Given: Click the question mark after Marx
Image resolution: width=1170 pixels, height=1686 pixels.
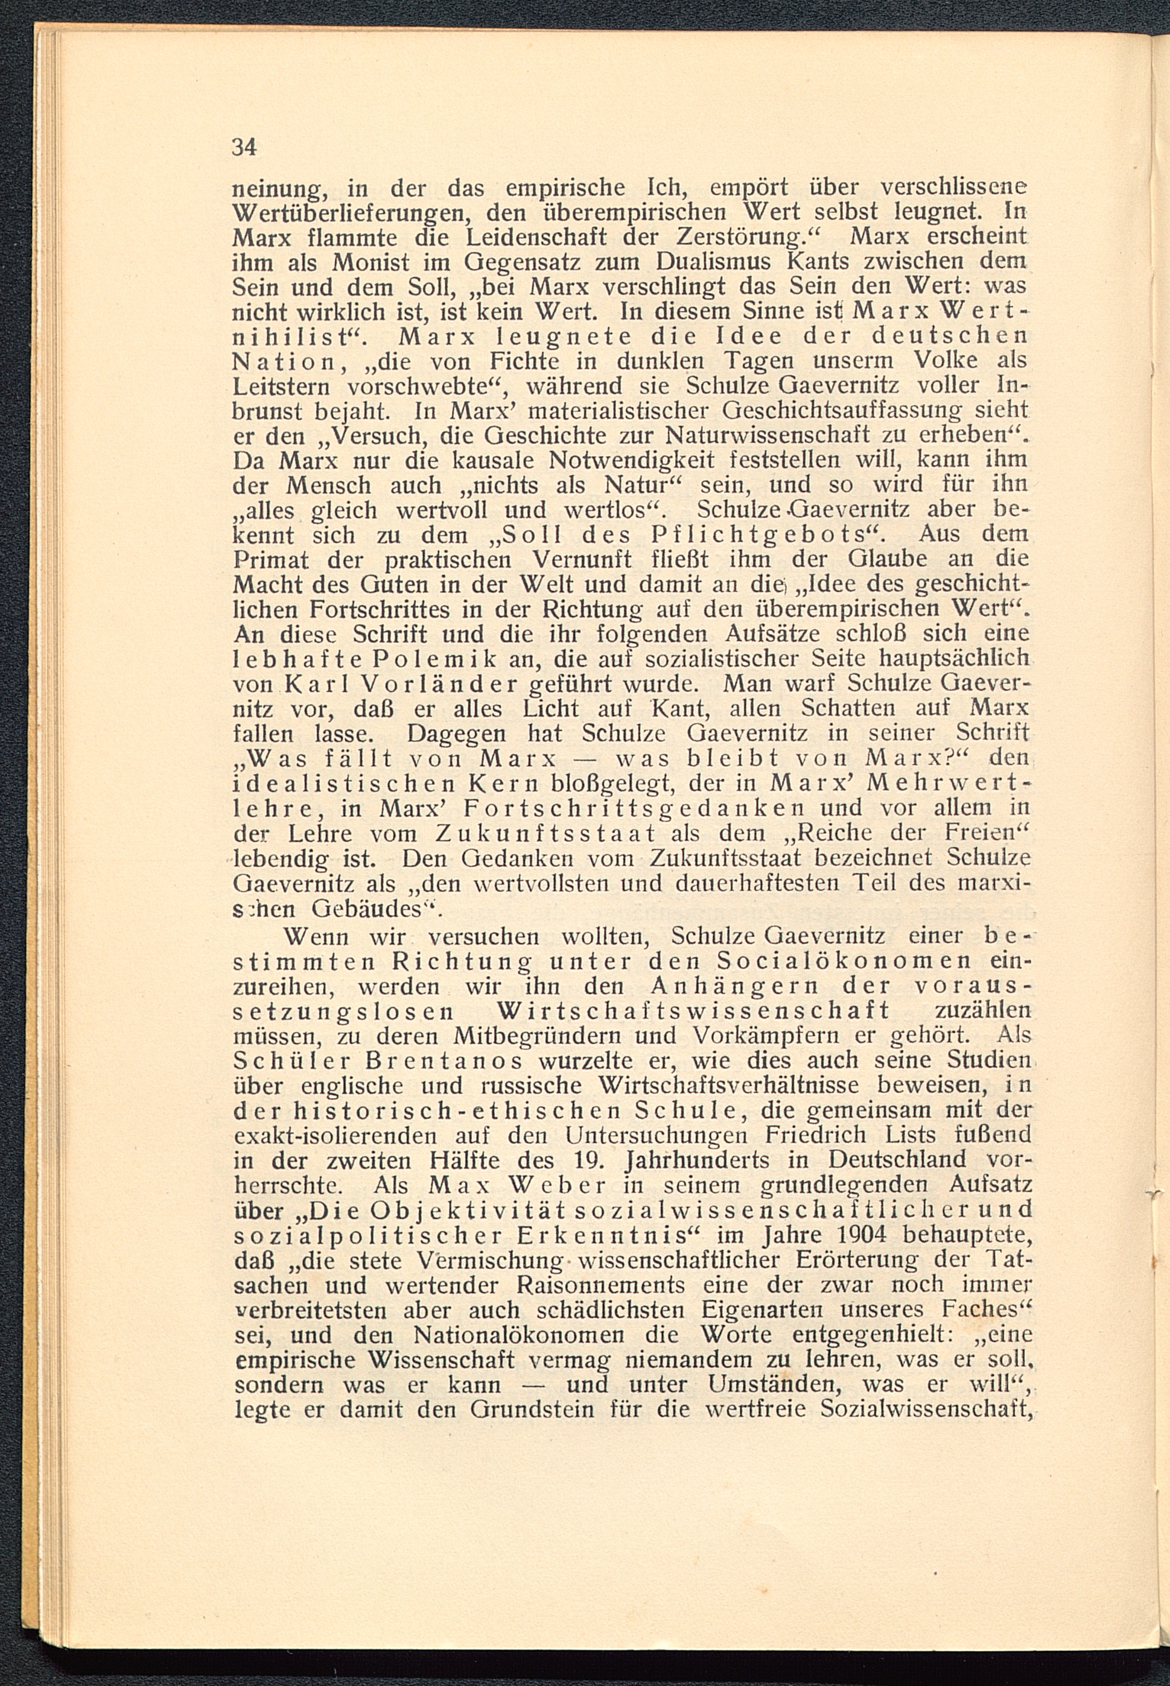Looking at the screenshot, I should (x=950, y=758).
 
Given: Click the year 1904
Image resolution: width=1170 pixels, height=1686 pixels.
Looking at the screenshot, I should (x=856, y=1235).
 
